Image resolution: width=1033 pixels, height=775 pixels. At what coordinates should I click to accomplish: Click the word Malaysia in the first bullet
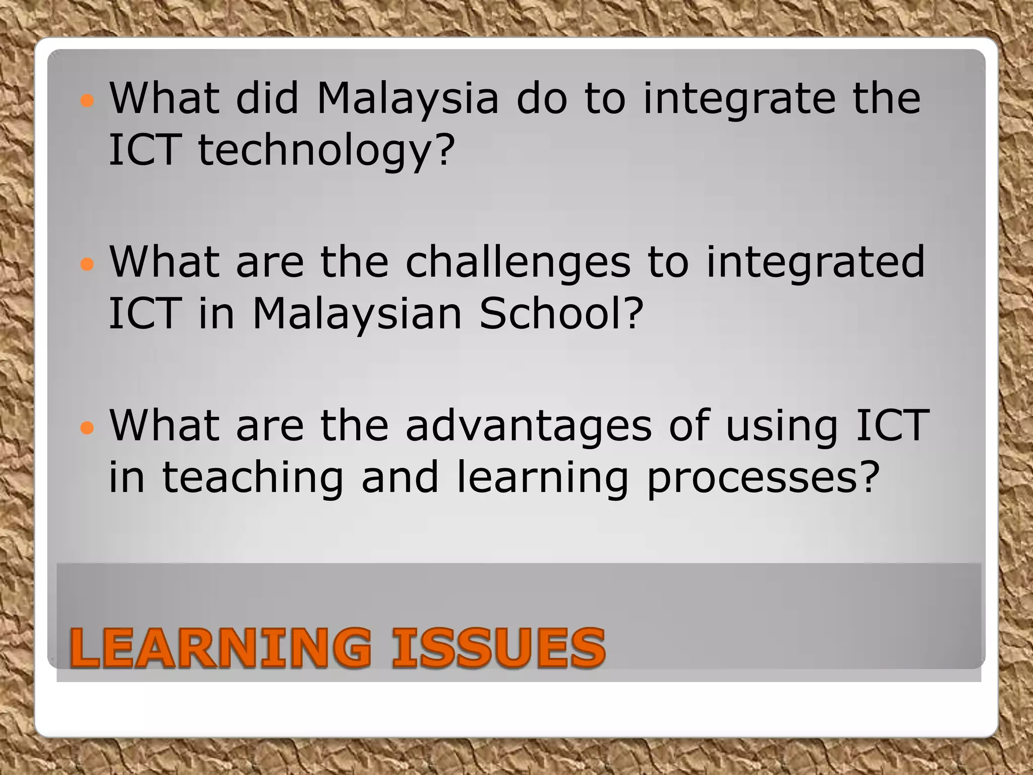(x=408, y=98)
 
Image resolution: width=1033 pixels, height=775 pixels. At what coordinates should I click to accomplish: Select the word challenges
(x=518, y=262)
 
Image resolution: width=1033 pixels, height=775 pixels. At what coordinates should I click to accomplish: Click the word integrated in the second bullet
(x=815, y=262)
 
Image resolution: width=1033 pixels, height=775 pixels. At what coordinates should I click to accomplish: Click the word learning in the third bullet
(x=542, y=478)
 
